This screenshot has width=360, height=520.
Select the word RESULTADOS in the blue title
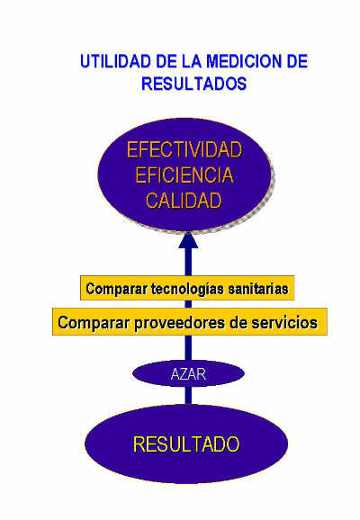coord(194,84)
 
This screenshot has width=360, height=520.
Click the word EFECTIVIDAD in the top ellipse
coord(184,149)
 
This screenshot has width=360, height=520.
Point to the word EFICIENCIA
coord(184,175)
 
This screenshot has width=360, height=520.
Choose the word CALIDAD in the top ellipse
coord(184,201)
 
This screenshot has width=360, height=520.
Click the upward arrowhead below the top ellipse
coord(188,240)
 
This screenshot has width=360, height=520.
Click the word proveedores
coord(179,323)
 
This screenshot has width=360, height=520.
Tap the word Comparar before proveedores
coord(94,323)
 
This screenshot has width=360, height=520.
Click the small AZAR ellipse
coord(188,374)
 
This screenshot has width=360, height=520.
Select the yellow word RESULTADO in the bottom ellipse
coord(186,444)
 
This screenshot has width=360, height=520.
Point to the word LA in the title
coord(192,61)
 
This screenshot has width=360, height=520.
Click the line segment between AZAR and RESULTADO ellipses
coord(188,396)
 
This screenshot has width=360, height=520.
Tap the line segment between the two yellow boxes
coord(188,304)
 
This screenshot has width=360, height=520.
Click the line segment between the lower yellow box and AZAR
coord(188,348)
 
